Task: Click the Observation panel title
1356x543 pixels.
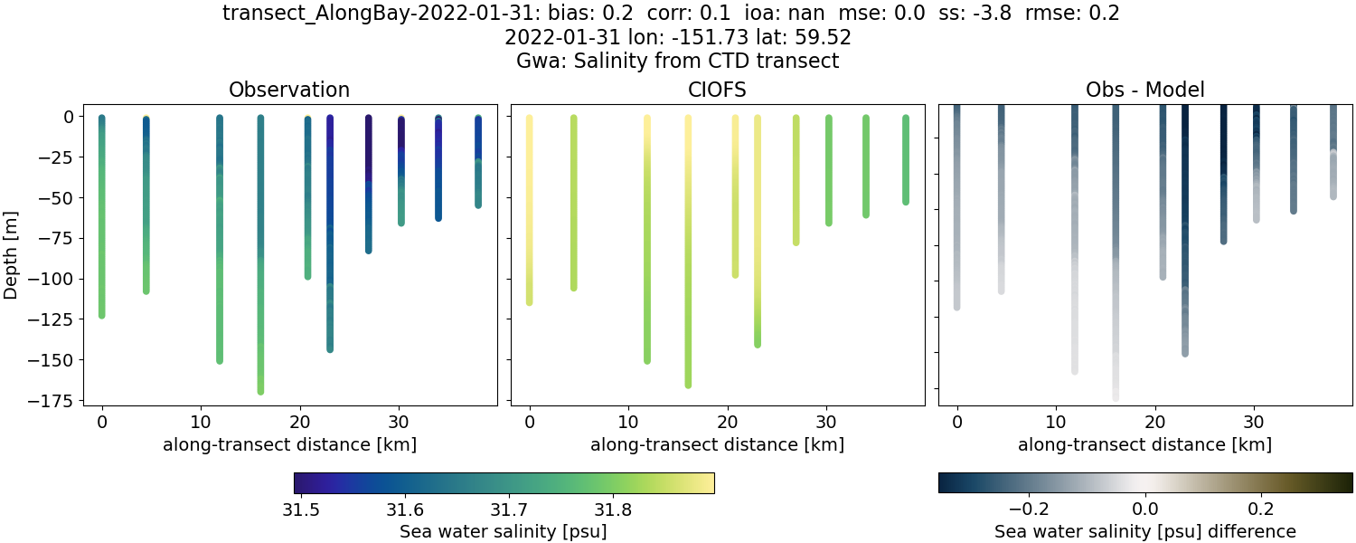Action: [289, 90]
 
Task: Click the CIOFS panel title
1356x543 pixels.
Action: [718, 90]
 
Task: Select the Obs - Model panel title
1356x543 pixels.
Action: [1144, 90]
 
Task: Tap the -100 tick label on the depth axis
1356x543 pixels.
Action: [52, 279]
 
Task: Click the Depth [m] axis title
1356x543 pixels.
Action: [12, 255]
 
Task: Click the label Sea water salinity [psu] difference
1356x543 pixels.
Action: [1144, 531]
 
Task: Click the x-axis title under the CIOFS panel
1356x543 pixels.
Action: [718, 444]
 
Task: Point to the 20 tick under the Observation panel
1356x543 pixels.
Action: [300, 421]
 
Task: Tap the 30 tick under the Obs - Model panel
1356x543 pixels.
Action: [1254, 421]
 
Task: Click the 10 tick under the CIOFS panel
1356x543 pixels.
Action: [628, 421]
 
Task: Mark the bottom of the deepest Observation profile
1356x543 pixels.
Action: [260, 390]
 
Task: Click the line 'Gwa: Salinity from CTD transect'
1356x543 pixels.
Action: [678, 61]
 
